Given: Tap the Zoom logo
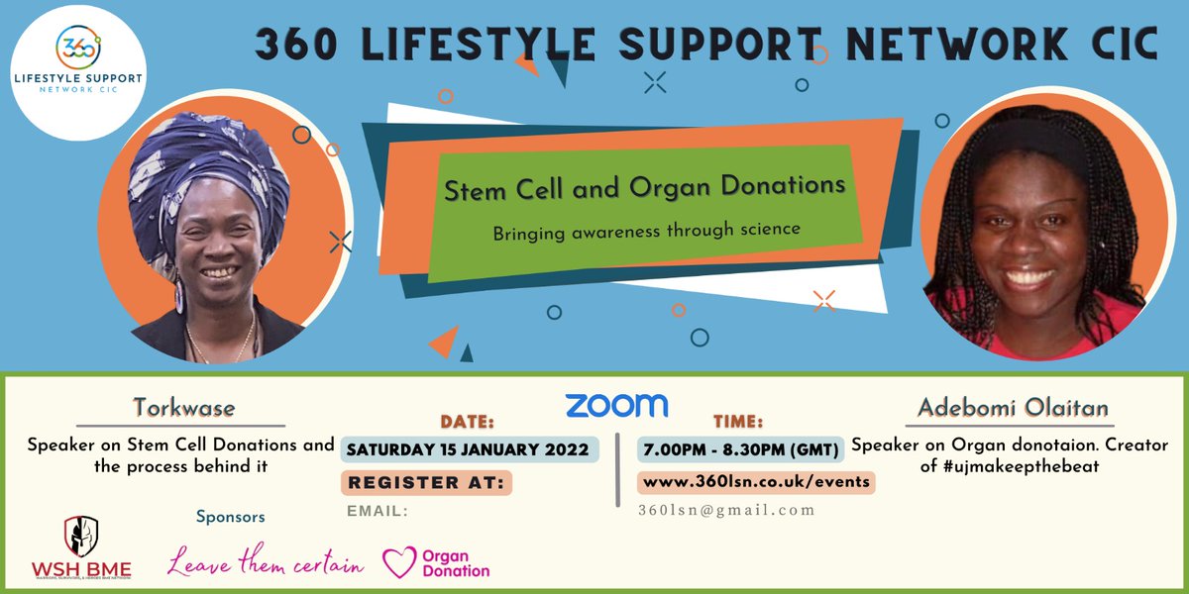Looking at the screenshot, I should [616, 405].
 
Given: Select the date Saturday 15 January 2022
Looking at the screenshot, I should [470, 448].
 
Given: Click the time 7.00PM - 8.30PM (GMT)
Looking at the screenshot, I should [740, 448].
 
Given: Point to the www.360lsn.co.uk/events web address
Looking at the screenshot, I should [756, 481].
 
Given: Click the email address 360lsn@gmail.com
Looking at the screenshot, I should [726, 510].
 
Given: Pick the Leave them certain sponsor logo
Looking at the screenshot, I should [266, 563].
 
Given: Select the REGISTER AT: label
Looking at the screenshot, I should [425, 482].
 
